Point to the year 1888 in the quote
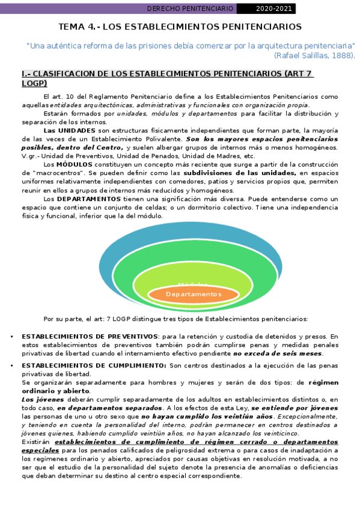point(343,55)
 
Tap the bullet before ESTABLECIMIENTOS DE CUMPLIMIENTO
point(13,365)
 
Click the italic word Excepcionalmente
point(305,416)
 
